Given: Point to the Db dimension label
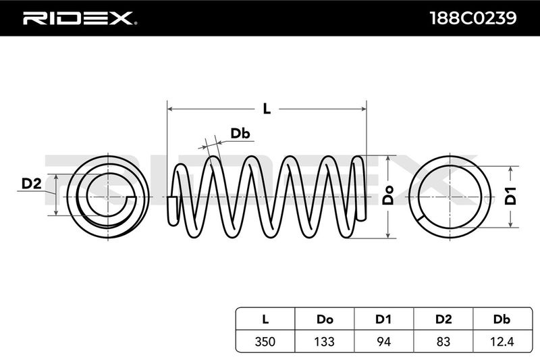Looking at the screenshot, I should (x=240, y=134).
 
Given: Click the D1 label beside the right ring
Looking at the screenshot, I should (x=511, y=195).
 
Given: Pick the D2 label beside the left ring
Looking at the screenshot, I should (x=32, y=183).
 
